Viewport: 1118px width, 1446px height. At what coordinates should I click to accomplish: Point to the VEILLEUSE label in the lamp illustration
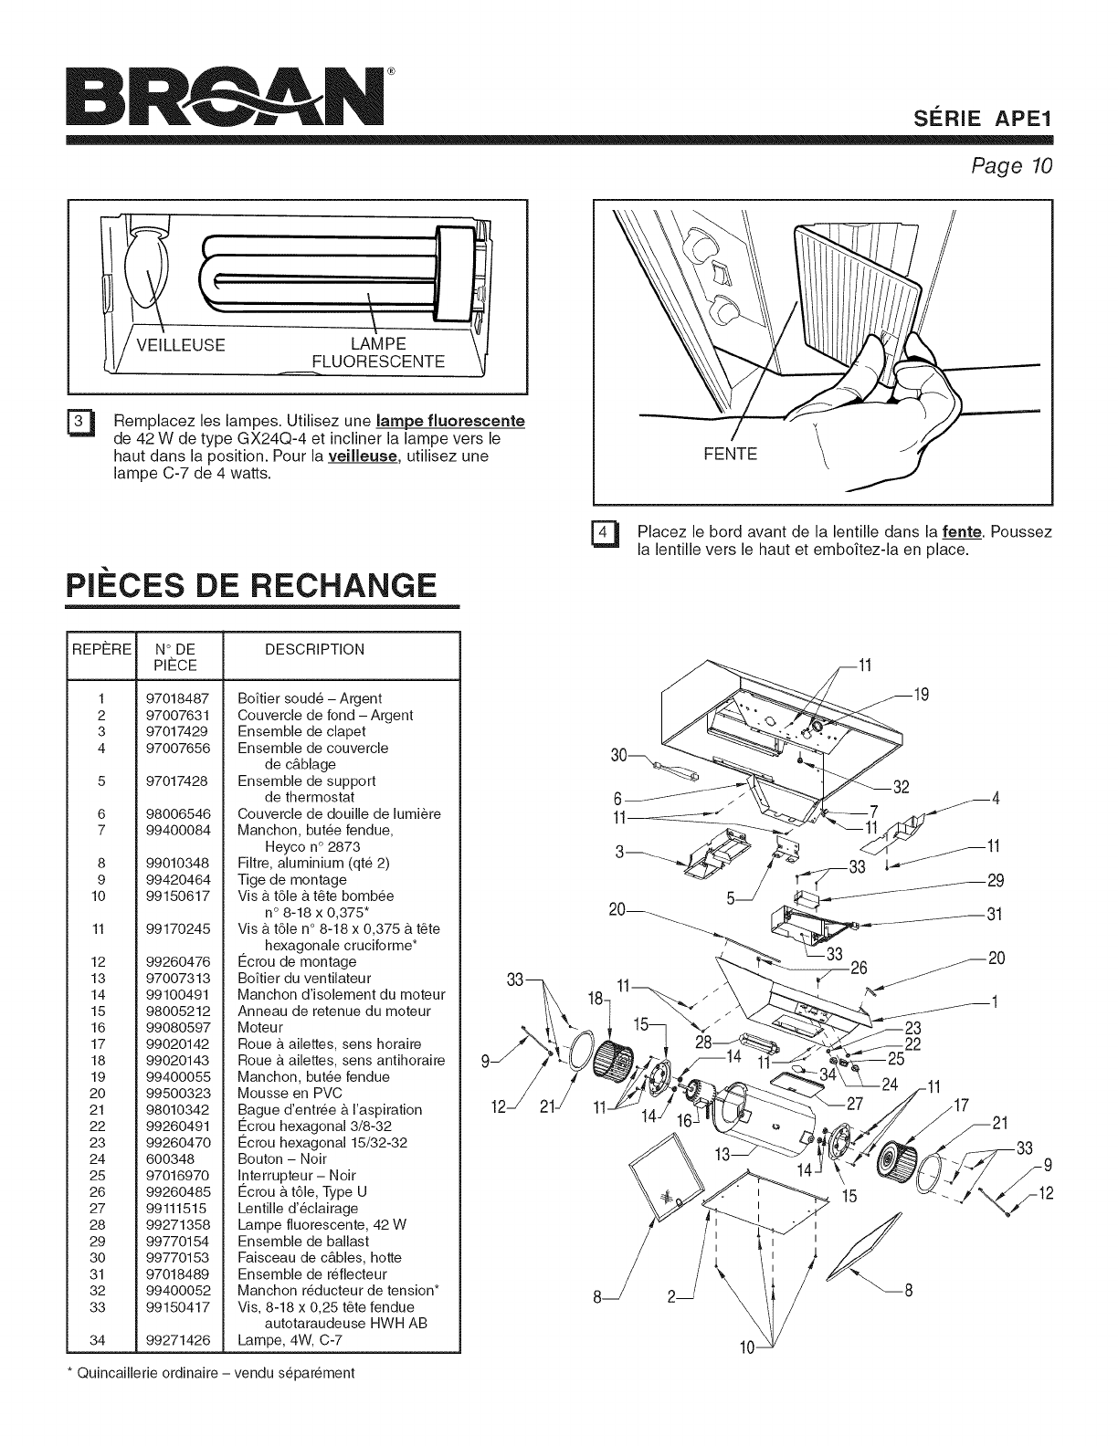click(180, 345)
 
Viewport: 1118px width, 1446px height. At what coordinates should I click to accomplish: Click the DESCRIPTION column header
click(313, 649)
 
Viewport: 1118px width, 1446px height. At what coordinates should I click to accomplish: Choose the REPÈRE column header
click(101, 649)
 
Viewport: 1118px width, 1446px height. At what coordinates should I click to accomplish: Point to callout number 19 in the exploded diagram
click(922, 695)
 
